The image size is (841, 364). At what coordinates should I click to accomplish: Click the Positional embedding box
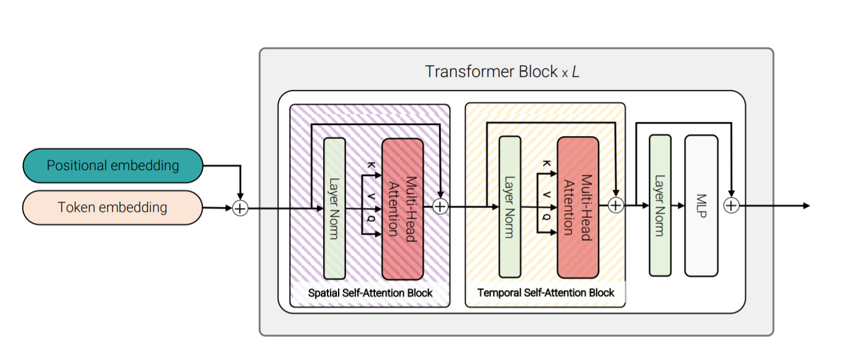[x=113, y=166]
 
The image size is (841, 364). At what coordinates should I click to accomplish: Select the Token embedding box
[x=113, y=208]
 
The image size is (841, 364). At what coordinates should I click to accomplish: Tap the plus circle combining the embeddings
[x=240, y=209]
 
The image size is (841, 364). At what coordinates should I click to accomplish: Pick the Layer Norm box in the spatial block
[x=334, y=208]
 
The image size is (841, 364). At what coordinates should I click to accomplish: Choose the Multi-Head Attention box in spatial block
[x=403, y=208]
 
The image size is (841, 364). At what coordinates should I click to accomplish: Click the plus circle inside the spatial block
[x=440, y=206]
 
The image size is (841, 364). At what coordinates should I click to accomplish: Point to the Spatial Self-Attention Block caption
[x=371, y=293]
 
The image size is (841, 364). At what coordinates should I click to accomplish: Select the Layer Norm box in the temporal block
[x=509, y=207]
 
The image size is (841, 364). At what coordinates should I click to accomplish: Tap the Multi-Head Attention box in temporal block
[x=577, y=208]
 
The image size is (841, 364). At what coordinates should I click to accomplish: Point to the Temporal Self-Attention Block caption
[x=545, y=293]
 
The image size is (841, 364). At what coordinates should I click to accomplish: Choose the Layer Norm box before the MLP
[x=660, y=206]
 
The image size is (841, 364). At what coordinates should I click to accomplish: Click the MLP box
[x=701, y=206]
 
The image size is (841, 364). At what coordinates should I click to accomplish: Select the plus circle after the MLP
[x=731, y=206]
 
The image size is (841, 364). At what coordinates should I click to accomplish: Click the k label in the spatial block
[x=371, y=166]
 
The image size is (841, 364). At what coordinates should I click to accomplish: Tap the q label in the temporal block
[x=545, y=217]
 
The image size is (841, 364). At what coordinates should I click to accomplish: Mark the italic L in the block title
[x=575, y=71]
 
